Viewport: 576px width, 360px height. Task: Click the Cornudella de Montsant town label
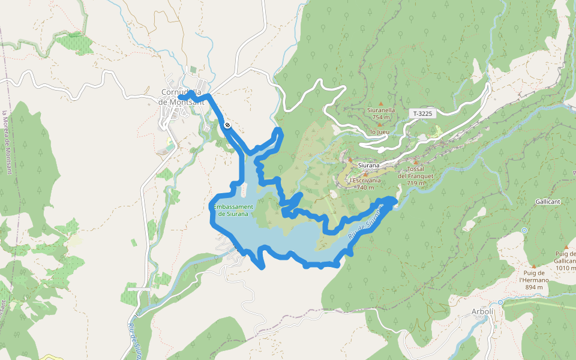182,97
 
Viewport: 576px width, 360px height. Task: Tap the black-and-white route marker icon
227,125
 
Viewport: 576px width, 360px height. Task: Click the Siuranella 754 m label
381,113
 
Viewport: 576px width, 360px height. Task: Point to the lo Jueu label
380,132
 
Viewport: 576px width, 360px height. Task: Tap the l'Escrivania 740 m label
365,184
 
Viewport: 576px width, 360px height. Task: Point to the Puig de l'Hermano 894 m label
530,283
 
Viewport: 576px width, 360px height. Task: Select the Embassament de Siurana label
233,210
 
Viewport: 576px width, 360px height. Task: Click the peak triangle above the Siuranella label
380,104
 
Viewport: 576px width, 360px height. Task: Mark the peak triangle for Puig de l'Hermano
533,266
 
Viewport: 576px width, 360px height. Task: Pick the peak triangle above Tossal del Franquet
415,161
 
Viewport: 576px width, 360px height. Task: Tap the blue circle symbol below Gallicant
524,230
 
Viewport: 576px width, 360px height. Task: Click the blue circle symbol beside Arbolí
500,303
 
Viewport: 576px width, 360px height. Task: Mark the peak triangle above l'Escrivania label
365,174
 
